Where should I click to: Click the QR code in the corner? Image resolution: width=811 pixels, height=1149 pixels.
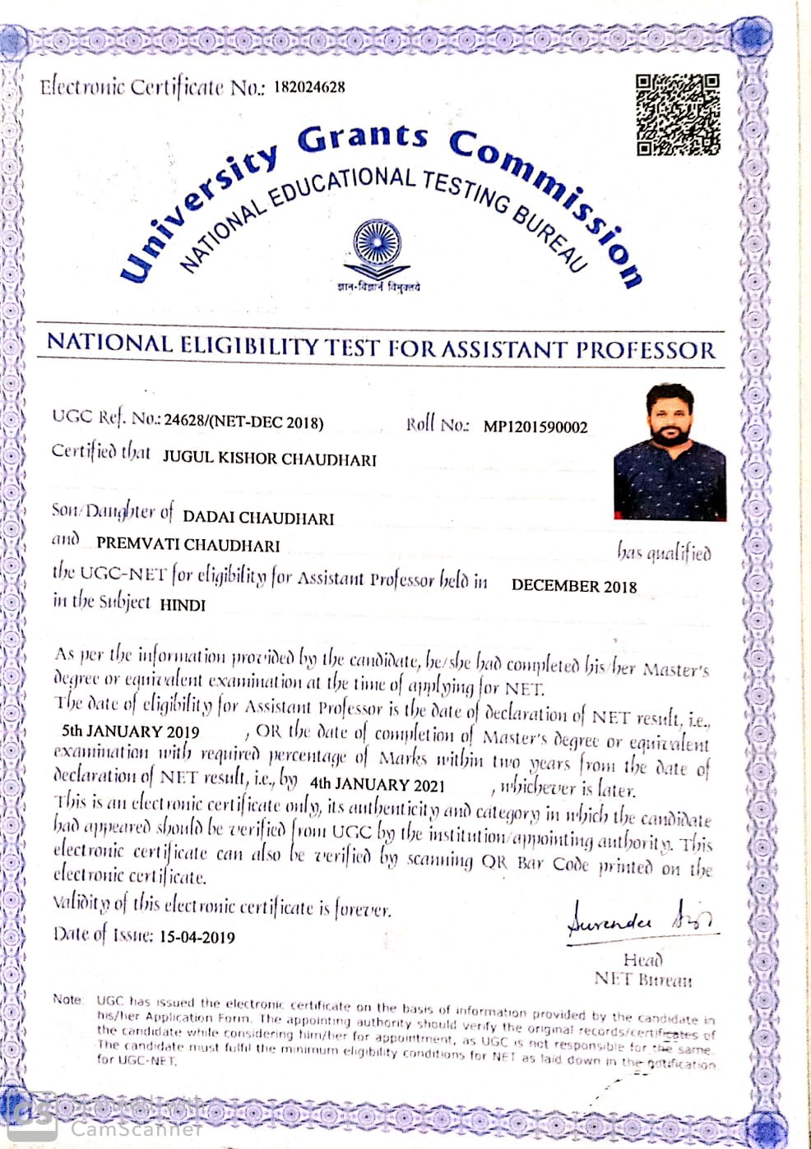[678, 114]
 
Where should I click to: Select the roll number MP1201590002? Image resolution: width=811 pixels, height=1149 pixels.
[535, 427]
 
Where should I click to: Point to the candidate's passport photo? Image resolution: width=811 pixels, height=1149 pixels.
[670, 454]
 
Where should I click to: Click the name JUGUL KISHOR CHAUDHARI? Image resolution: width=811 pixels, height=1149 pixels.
[269, 459]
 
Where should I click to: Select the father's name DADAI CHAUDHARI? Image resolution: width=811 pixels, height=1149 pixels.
[258, 518]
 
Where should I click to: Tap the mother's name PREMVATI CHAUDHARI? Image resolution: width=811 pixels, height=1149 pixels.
[188, 545]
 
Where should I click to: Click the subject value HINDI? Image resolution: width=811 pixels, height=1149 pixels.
[182, 605]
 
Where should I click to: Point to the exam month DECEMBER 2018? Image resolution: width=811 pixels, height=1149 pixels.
[573, 586]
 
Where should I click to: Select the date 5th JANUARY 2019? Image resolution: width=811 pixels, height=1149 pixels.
[130, 731]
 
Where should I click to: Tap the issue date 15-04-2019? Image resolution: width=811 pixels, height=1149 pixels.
[197, 937]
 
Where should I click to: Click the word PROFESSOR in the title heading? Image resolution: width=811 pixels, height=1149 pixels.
[645, 350]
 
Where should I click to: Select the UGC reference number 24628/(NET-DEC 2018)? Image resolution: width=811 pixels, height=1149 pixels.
[243, 422]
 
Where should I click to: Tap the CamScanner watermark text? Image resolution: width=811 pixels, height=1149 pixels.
[136, 1128]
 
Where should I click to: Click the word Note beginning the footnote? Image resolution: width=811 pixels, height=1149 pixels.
[67, 999]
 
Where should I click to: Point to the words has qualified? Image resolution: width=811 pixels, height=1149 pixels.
[664, 553]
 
